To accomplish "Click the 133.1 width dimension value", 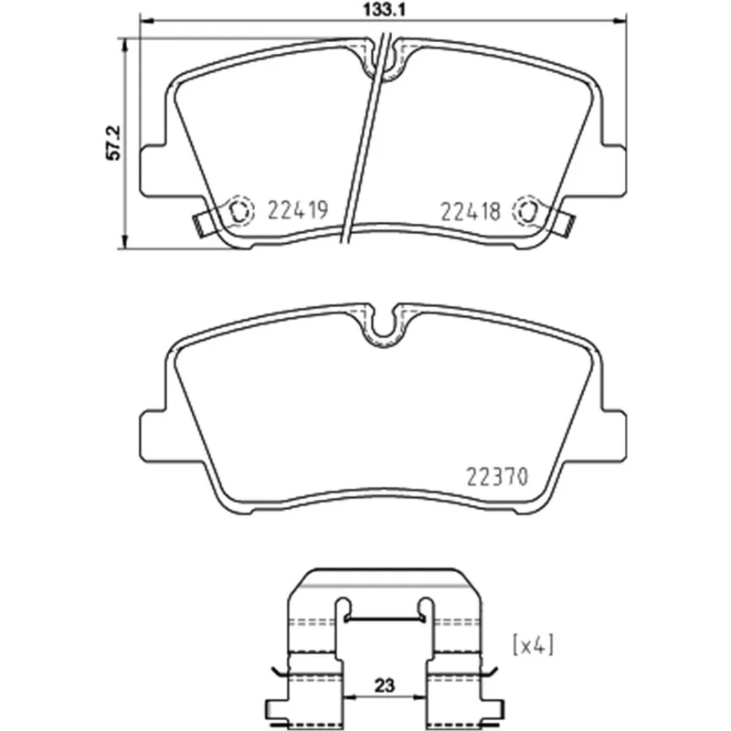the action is point(384,10).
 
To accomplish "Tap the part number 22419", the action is point(299,210).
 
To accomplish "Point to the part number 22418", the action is point(471,212).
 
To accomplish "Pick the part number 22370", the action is point(497,476).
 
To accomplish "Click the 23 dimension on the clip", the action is point(384,685).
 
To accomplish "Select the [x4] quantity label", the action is point(534,646).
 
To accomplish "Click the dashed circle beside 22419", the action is point(240,211).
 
